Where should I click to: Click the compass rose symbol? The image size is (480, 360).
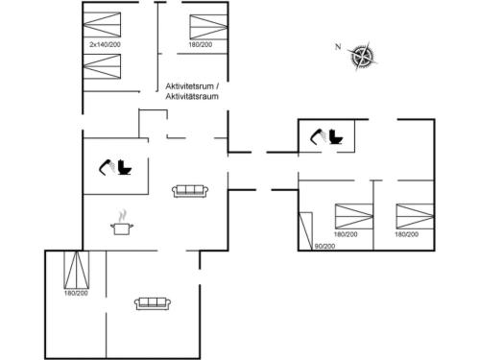coord(363,57)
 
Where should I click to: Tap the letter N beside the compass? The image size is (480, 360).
coord(337,46)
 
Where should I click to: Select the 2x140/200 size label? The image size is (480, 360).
coord(105,45)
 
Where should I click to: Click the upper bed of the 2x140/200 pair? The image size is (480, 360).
coord(105,26)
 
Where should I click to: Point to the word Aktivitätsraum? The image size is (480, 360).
coord(192,96)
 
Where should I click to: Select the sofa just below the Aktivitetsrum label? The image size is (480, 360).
coord(190,190)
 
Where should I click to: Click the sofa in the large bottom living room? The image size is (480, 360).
coord(153,303)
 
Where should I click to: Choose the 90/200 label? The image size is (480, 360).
coord(324,247)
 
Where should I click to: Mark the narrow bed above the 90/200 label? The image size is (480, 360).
coord(307,228)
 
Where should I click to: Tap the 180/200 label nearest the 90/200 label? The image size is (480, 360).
coord(346,234)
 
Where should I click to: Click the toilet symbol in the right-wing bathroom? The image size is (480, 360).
coord(337,136)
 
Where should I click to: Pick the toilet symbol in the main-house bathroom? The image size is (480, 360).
coord(123,169)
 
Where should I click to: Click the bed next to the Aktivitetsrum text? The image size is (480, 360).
coord(206,26)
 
